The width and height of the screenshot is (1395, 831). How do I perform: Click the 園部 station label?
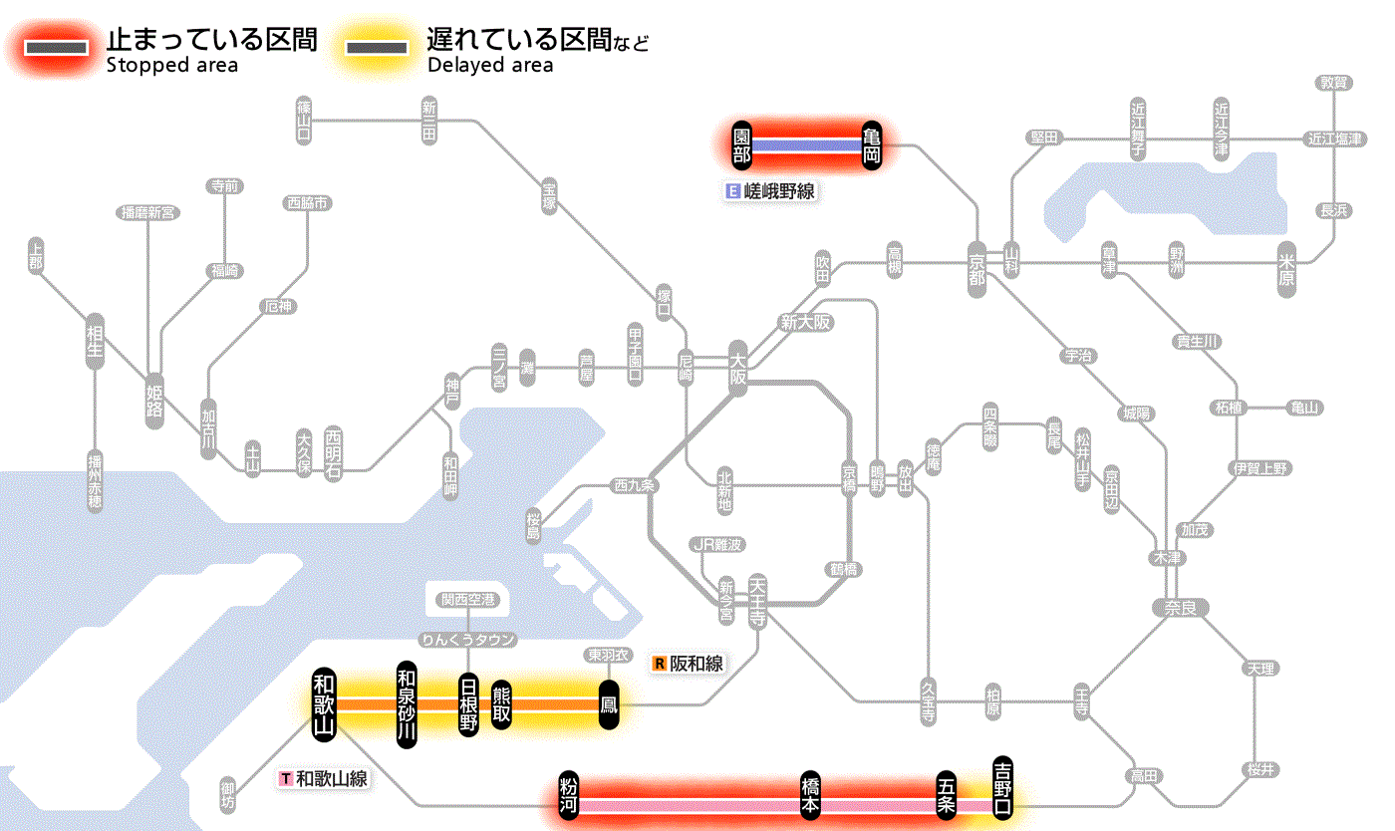[x=742, y=145]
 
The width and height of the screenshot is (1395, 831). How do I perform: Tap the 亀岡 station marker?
[x=873, y=145]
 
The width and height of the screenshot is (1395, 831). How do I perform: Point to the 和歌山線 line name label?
[x=324, y=778]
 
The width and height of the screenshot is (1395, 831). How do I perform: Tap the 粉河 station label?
[x=569, y=796]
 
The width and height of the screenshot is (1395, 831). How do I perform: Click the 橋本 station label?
[x=811, y=796]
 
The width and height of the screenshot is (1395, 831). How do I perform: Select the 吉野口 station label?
[x=1003, y=786]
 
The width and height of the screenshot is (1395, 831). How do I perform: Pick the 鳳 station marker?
[x=609, y=704]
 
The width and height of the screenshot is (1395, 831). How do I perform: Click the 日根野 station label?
[x=467, y=704]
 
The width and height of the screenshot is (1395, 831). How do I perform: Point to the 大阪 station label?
[x=737, y=370]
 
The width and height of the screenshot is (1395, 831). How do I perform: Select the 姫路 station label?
[x=154, y=400]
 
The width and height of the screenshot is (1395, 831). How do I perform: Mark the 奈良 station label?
[x=1180, y=607]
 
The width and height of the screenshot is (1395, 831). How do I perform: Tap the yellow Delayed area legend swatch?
[x=377, y=48]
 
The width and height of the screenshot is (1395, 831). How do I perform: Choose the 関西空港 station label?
[x=467, y=600]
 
